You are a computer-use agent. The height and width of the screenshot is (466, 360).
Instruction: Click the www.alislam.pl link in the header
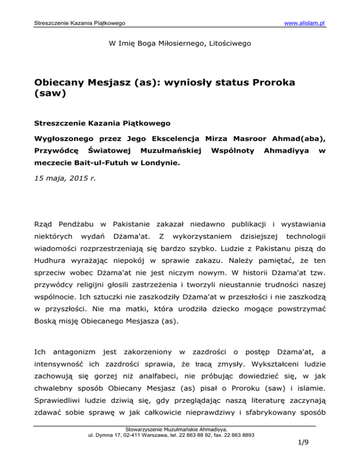303,23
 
